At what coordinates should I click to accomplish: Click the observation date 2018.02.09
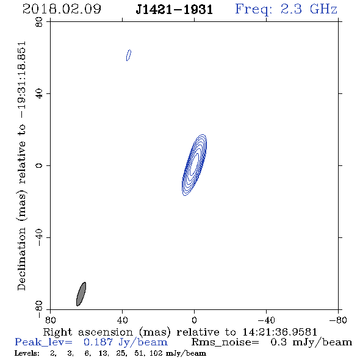62,9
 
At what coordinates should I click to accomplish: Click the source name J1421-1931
175,10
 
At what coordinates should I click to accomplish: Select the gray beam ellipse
81,294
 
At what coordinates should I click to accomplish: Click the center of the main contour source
195,165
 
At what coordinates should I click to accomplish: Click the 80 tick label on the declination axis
39,22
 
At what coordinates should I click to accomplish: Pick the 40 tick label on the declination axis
39,94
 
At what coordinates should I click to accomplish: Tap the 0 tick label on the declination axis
39,165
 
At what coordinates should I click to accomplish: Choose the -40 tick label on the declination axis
39,237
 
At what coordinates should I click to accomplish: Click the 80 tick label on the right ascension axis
50,320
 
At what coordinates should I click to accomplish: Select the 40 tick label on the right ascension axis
122,320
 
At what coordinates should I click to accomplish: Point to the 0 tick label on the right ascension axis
195,320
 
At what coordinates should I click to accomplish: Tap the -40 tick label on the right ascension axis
266,320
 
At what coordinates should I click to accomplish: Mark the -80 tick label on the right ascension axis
338,320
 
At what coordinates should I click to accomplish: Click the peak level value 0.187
98,342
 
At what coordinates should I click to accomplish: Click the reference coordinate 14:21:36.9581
280,332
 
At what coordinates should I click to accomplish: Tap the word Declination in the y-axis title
21,259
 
